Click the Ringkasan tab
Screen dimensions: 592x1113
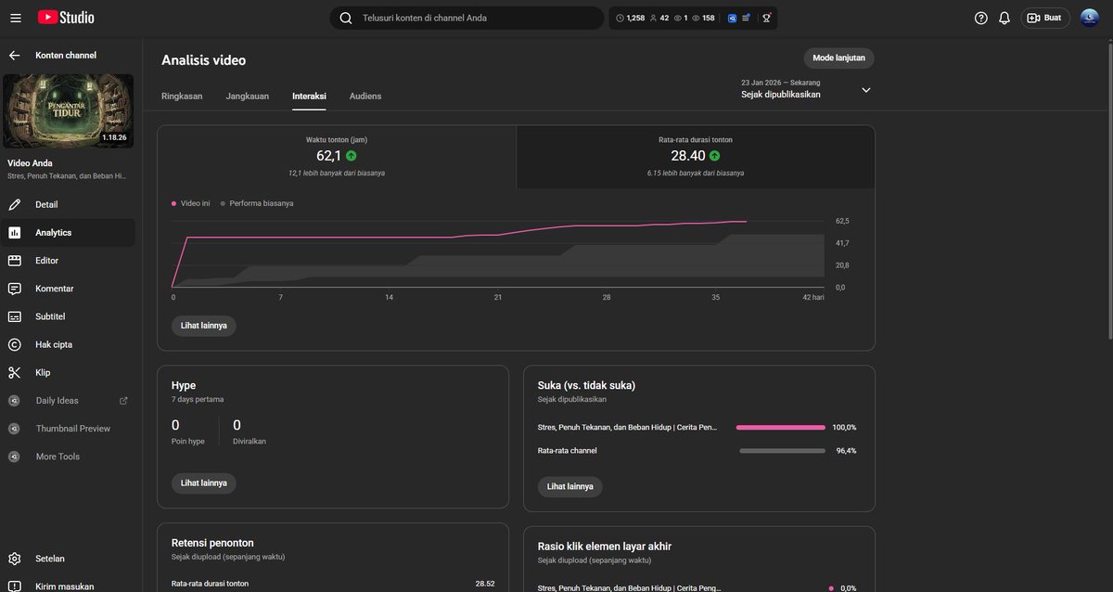tap(182, 96)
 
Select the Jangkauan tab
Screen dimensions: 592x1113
tap(247, 96)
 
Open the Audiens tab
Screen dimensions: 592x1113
tap(365, 96)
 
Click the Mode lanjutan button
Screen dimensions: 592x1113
tap(838, 58)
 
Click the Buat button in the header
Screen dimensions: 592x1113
tap(1044, 18)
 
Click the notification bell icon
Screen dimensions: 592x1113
tap(1004, 18)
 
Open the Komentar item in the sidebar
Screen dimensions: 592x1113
tap(54, 289)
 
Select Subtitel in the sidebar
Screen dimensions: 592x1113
tap(50, 316)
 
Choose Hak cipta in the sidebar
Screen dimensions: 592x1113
tap(53, 344)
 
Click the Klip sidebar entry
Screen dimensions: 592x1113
tap(43, 372)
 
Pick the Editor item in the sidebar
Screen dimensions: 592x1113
tap(46, 261)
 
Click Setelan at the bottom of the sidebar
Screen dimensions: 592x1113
tap(51, 559)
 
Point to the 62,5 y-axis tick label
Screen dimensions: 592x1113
tap(842, 221)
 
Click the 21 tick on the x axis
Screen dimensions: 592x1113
tap(498, 297)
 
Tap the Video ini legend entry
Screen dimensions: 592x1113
tap(195, 202)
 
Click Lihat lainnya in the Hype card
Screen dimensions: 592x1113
tap(203, 483)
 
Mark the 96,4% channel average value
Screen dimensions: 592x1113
tap(846, 450)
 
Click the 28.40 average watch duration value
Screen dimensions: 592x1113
tap(688, 156)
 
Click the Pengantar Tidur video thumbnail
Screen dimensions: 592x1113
tap(68, 111)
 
